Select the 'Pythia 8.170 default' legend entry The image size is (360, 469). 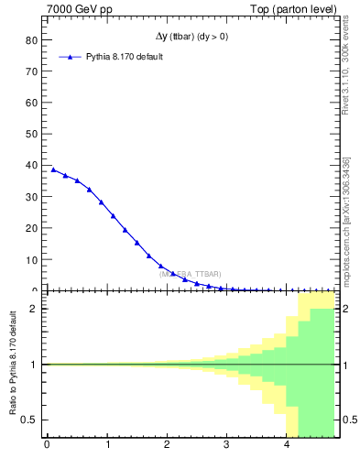pos(125,57)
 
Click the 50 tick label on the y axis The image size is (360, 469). pos(31,135)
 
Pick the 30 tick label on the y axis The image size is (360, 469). pos(31,197)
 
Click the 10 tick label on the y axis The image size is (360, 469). pos(31,260)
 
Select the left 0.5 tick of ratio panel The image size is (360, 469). pos(27,420)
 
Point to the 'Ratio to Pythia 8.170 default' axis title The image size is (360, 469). pos(12,365)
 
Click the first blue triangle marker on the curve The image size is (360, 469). pos(53,169)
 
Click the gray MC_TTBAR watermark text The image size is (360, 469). pos(190,274)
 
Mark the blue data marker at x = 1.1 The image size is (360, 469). pos(113,215)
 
